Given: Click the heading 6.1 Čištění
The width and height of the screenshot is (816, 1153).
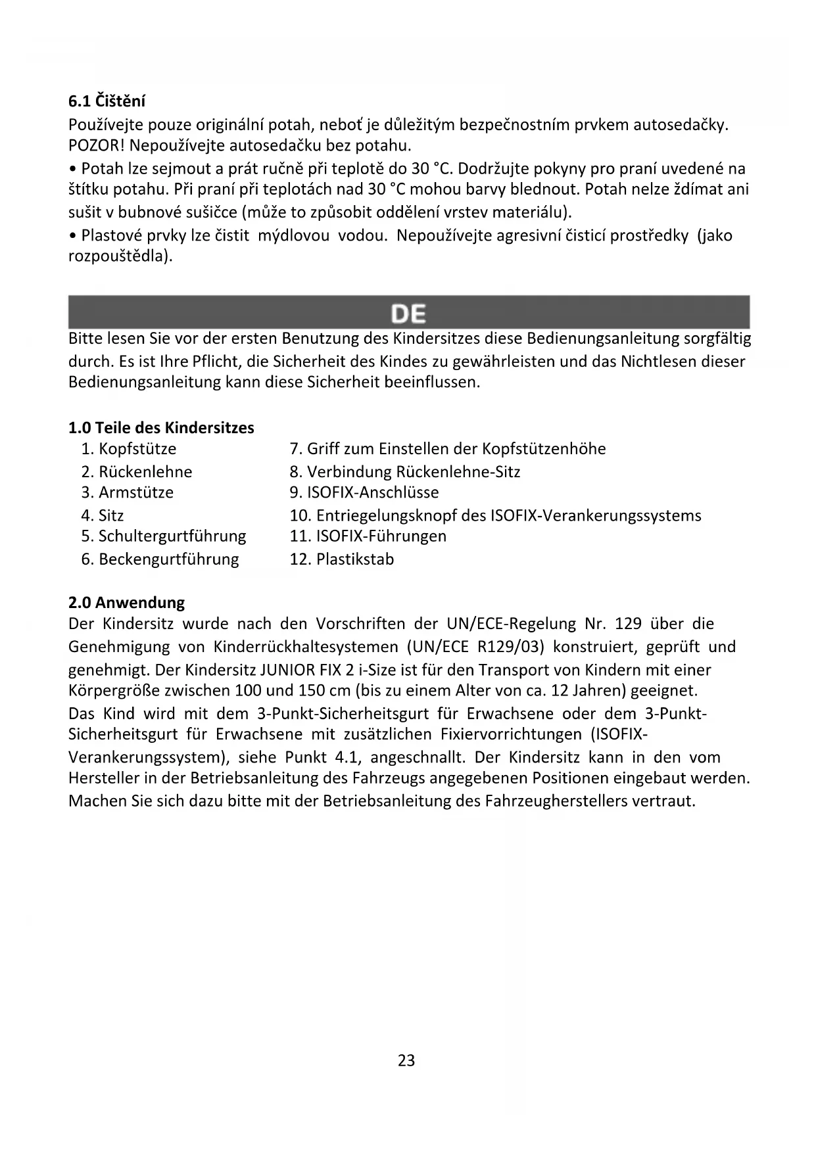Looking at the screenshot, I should [x=107, y=101].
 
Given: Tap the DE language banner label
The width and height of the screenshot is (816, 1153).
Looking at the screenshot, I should [x=408, y=314].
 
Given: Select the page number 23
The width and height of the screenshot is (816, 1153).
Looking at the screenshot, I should [x=406, y=1060].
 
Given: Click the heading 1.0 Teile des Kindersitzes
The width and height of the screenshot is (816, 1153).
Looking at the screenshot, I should [x=161, y=428].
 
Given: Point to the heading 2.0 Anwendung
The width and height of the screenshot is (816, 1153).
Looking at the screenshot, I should [x=126, y=602].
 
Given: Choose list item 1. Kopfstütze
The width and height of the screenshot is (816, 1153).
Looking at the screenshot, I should [x=129, y=449].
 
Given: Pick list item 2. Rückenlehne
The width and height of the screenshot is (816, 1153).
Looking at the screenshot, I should [x=137, y=472].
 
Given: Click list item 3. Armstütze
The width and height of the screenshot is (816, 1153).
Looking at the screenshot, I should [x=128, y=492].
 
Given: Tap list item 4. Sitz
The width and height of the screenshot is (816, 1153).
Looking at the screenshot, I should [x=103, y=515].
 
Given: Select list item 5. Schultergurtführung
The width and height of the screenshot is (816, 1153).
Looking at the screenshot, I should [x=164, y=536].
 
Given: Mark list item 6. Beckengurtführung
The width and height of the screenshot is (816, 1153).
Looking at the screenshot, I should [x=160, y=559].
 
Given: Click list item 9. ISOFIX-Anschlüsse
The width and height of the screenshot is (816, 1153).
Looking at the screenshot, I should [x=364, y=492].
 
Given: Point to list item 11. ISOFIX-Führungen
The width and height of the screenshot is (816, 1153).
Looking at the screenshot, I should [x=368, y=536].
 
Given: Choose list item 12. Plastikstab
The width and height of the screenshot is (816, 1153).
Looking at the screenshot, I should [x=342, y=559].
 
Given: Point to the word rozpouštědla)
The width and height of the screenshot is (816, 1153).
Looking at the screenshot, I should [x=120, y=256].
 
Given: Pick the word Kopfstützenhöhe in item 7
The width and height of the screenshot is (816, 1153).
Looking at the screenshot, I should [x=544, y=449].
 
